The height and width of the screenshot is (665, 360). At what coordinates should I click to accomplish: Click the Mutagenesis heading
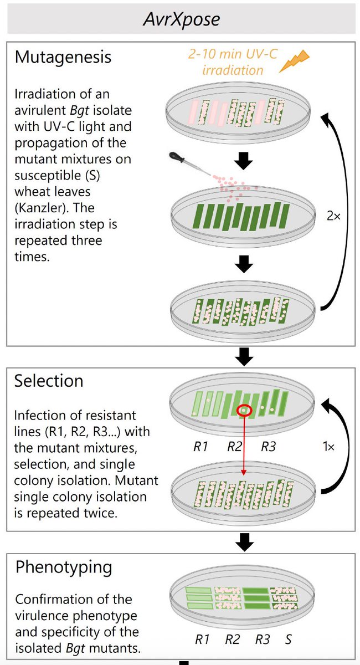(x=63, y=57)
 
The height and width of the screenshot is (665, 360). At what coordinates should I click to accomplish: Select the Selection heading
(x=49, y=381)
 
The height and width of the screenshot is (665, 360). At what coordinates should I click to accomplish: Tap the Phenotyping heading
(x=63, y=567)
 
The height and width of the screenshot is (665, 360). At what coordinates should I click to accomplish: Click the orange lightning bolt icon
(x=294, y=61)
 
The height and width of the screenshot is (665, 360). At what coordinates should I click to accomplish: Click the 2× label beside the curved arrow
(x=333, y=216)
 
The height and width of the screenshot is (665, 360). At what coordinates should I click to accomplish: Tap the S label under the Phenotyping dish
(x=289, y=640)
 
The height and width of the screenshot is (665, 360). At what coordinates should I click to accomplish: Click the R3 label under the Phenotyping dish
(x=263, y=640)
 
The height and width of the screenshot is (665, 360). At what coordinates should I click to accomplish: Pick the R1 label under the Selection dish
(x=201, y=446)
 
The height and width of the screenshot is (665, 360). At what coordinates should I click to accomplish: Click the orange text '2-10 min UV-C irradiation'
(x=232, y=63)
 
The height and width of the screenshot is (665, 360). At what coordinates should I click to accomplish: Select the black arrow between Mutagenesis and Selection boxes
(x=244, y=357)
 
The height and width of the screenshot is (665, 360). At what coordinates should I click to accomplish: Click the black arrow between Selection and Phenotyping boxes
(x=244, y=543)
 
